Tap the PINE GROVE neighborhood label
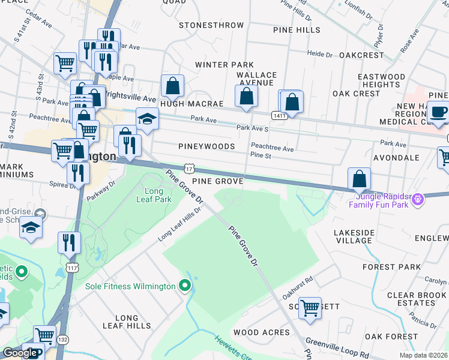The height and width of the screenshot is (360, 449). point(217,181)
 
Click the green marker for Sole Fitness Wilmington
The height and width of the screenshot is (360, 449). point(185,286)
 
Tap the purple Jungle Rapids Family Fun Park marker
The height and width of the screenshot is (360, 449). point(418,198)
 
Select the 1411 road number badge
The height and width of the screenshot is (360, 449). point(279,115)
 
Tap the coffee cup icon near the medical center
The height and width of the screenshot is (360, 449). point(439,112)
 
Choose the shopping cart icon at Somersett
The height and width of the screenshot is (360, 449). point(310,308)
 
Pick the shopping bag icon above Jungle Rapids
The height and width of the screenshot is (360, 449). point(359,178)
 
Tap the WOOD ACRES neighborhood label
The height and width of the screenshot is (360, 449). point(255,332)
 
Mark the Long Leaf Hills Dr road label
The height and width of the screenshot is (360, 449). point(179,226)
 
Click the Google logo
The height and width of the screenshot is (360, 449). point(20,353)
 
